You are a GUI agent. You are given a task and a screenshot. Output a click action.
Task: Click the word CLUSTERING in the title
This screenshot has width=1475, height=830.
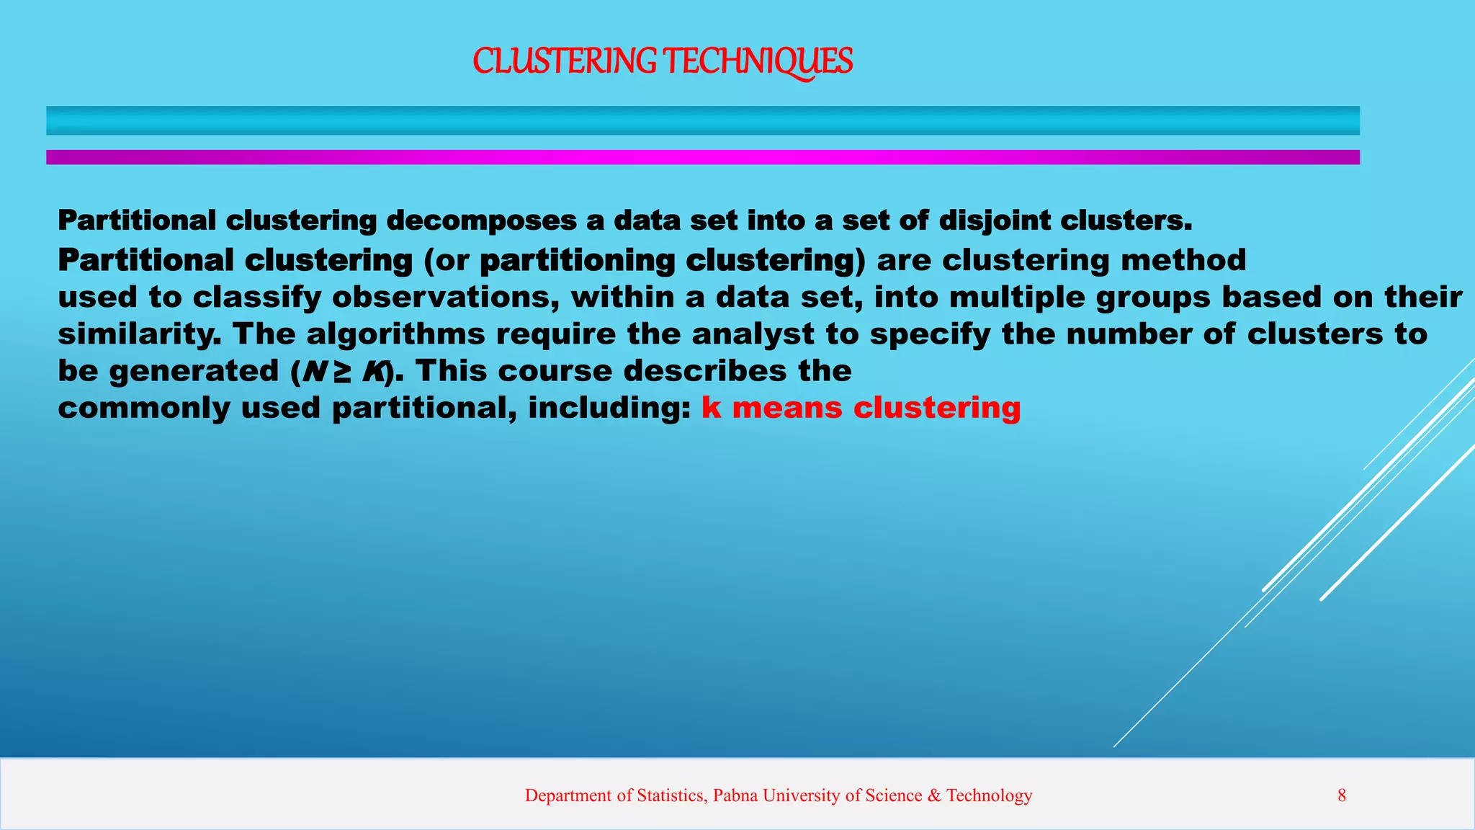564,61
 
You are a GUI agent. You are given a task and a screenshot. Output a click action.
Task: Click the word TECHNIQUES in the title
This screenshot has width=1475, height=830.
757,61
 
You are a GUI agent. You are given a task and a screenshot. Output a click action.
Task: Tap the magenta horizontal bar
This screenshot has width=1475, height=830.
702,157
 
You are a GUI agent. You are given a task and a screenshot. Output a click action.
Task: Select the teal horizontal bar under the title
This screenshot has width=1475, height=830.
702,120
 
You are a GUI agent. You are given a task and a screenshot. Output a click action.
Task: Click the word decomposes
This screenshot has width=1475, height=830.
481,221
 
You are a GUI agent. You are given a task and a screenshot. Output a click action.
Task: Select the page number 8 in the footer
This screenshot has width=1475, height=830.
1342,795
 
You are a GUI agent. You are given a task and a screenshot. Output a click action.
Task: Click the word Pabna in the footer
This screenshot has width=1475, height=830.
735,795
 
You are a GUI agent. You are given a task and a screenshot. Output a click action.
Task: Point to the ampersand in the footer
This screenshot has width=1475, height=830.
934,795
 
